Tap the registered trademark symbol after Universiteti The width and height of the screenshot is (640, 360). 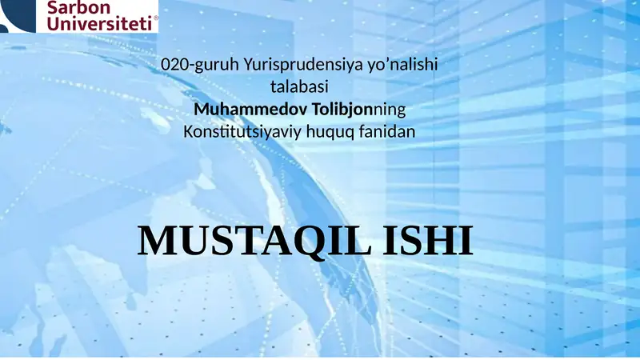(x=154, y=17)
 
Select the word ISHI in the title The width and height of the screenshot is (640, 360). (x=429, y=241)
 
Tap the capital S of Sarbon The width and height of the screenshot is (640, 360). (x=56, y=8)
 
